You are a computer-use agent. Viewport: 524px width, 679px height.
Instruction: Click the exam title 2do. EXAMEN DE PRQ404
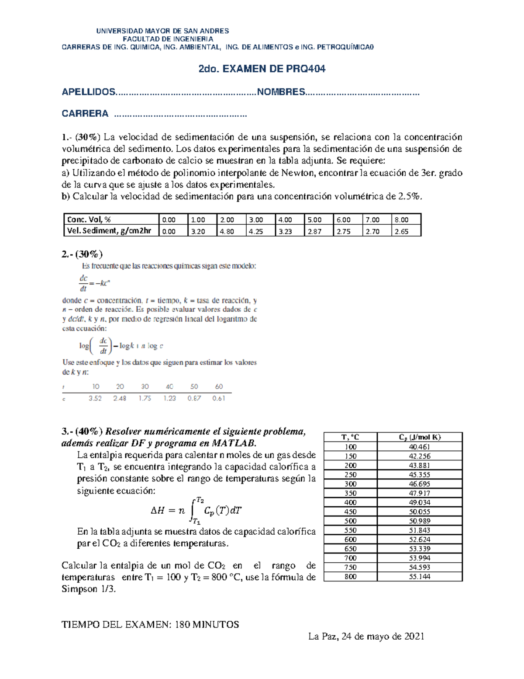coord(262,69)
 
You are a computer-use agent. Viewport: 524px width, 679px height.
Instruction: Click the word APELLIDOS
coord(89,92)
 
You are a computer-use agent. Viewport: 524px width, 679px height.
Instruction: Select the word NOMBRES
coord(281,92)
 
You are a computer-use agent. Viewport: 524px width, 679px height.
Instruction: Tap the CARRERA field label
coord(85,114)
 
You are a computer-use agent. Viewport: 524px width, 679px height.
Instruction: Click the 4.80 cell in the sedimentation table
coord(227,231)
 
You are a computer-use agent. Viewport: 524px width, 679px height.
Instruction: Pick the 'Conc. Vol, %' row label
coord(89,219)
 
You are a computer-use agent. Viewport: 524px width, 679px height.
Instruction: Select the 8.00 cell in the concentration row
coord(401,219)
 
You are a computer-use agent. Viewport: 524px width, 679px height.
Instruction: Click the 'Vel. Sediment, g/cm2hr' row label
coord(109,231)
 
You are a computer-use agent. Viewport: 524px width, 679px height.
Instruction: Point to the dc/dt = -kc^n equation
coord(94,283)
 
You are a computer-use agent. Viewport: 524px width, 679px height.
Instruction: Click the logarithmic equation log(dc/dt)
coord(121,345)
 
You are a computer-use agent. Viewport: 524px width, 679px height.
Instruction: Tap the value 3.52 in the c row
coord(95,398)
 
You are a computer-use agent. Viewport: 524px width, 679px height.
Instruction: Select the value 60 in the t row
coord(219,387)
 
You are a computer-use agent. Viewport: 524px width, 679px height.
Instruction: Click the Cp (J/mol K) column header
coord(420,437)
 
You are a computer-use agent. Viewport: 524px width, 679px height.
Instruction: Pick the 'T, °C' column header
coord(350,437)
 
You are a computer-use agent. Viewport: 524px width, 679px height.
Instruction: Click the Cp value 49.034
coord(420,502)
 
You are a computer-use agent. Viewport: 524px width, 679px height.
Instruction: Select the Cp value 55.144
coord(420,577)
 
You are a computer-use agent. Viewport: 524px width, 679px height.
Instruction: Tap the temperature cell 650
coord(350,549)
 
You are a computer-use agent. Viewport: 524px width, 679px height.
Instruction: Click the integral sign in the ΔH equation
coord(193,510)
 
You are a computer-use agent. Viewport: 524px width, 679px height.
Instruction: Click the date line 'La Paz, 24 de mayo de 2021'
coord(366,636)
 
